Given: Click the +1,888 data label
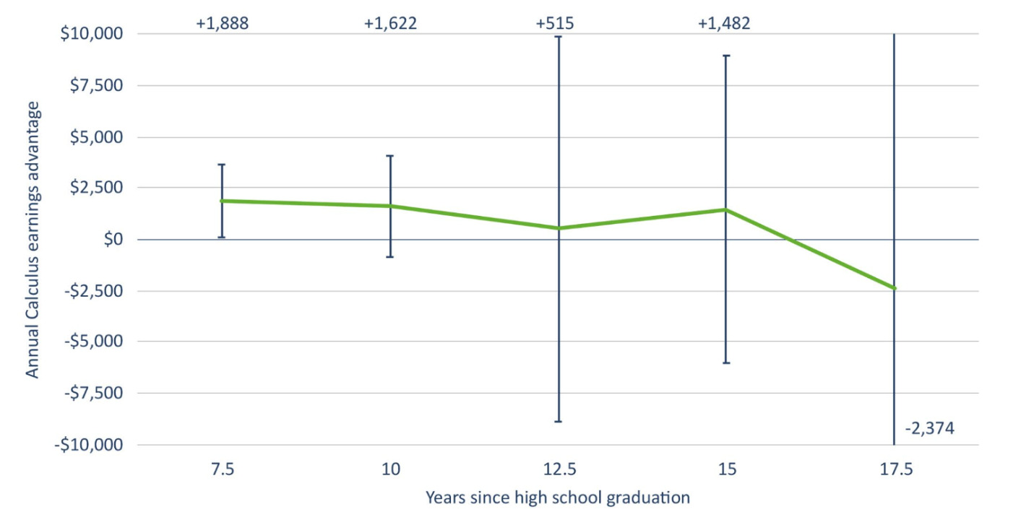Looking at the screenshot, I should [222, 23].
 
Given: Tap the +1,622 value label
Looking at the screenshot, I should [390, 23].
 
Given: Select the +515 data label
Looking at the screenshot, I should [555, 23].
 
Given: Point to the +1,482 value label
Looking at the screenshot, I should [723, 23].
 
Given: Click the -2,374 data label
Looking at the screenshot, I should [929, 428].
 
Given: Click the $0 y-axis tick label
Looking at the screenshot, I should [111, 239].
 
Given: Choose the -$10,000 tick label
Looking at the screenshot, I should [90, 445].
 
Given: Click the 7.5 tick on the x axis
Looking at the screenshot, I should [222, 470].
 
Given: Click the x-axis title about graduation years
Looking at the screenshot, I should [557, 497].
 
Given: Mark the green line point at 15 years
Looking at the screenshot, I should [726, 209].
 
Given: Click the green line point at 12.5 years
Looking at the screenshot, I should [559, 228].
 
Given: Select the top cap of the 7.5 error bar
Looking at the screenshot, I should [222, 165].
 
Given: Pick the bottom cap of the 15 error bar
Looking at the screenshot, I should [726, 363].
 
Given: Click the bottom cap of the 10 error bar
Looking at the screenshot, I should [390, 256].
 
